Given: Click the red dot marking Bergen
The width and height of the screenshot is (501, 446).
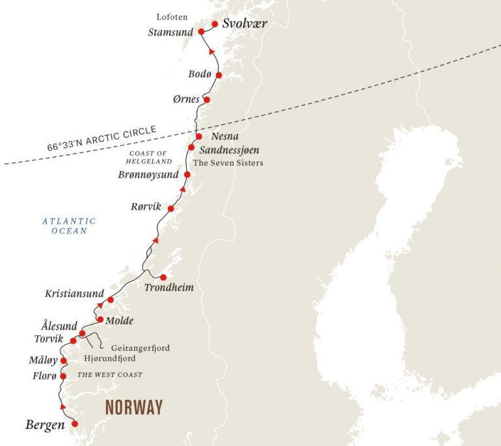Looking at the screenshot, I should tap(74, 424).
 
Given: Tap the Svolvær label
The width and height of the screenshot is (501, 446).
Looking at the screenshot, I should tap(245, 24).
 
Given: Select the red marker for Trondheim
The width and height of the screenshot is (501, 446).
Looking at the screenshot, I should tap(163, 277).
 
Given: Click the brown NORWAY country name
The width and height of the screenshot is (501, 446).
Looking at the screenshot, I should tap(134, 408).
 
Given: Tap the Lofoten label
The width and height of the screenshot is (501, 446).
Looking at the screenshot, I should tap(172, 16).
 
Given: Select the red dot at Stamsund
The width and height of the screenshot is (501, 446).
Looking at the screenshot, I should tap(202, 31).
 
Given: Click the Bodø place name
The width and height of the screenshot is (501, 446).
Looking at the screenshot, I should tap(200, 74).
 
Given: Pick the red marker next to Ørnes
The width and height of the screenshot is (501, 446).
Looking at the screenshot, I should tap(207, 100).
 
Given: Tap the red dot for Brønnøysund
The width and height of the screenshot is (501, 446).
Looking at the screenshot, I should tap(187, 174).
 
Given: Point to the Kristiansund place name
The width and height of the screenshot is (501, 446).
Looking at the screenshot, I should tap(71, 294).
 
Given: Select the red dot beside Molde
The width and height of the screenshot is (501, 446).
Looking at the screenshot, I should tap(100, 320).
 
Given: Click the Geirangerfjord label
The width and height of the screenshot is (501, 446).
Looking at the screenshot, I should tap(141, 348).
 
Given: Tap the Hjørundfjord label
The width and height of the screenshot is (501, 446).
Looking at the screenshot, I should tap(109, 358).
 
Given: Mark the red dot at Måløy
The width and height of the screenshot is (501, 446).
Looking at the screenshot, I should tap(63, 361).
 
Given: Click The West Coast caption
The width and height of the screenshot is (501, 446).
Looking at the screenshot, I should tap(109, 375).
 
